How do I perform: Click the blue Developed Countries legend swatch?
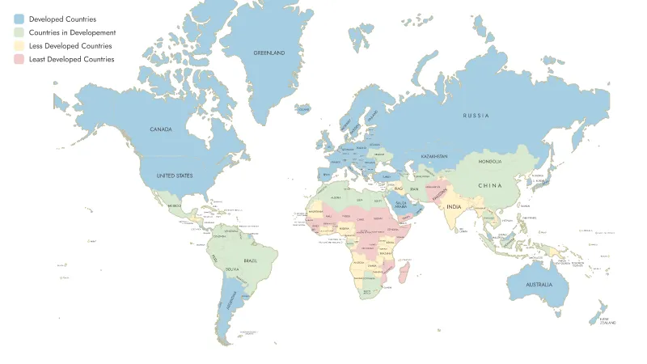coord(19,19)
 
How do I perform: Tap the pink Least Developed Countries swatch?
coord(19,60)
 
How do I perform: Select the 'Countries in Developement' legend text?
coord(72,32)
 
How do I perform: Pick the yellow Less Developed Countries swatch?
coord(19,46)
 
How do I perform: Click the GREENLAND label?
coord(269,53)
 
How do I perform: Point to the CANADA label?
coord(162,129)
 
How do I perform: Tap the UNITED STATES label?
coord(174,176)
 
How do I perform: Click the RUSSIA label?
coord(476,116)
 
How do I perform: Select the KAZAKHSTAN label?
coord(434,155)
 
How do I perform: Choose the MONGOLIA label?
coord(490,161)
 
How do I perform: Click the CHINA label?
coord(490,185)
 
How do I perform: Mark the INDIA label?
coord(455,206)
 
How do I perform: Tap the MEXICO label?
coord(175,206)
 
